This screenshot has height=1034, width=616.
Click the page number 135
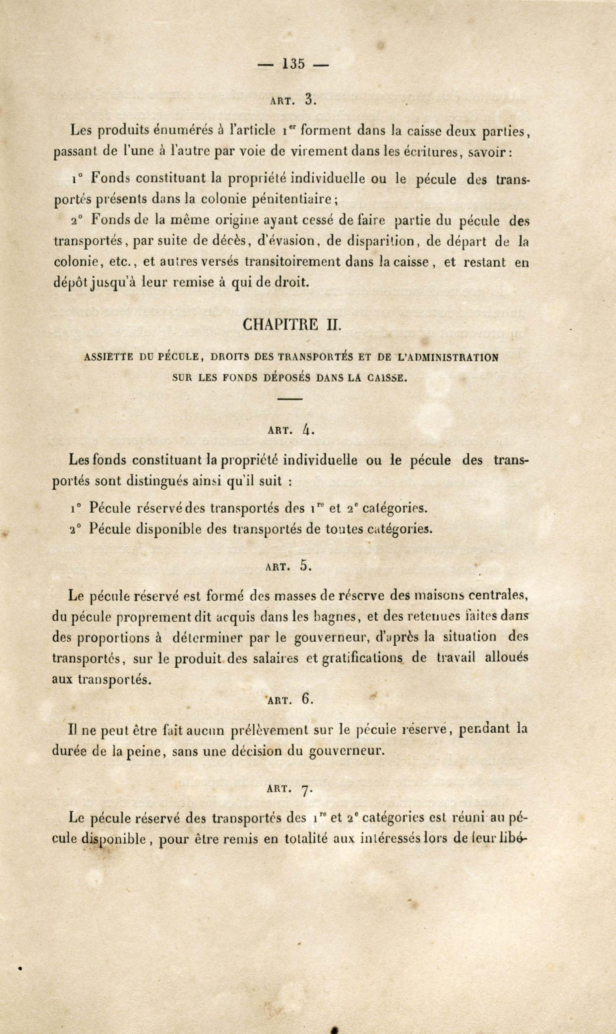[x=293, y=64]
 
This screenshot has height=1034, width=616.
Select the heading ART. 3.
[x=293, y=100]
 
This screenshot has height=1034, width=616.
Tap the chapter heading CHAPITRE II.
[x=292, y=324]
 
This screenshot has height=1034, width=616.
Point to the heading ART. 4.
[x=292, y=430]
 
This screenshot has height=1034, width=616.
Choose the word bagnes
[x=335, y=617]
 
